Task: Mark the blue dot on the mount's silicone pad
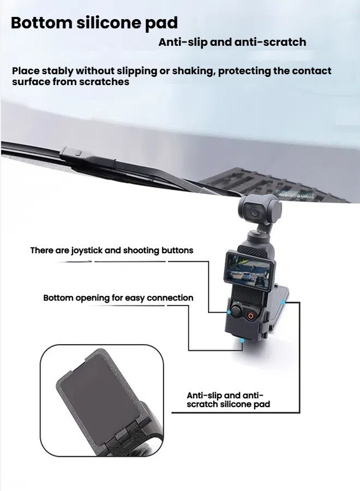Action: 283,300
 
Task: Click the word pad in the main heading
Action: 163,23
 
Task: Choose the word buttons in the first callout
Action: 177,250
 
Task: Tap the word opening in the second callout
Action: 95,298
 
